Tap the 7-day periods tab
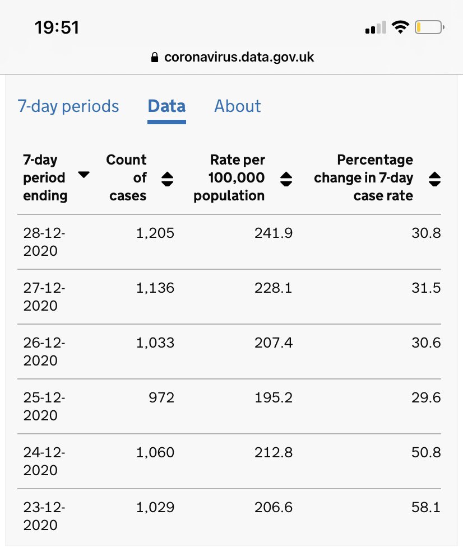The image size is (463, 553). coord(68,106)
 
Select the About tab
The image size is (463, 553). coord(237,106)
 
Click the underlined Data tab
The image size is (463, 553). coord(166,106)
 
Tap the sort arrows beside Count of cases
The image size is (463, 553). coord(167,179)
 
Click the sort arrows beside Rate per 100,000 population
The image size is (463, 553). coord(286,179)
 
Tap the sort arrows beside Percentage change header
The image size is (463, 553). coord(434,179)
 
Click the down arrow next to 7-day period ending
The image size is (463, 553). coord(84,175)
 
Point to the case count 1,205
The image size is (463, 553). coord(155,233)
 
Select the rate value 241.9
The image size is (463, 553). coord(273,233)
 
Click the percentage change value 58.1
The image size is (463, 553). coord(425,508)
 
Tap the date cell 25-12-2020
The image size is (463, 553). coord(44,406)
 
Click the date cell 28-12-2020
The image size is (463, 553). coord(44,242)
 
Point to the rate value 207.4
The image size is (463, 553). coord(273,343)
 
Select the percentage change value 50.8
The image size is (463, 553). coord(425,453)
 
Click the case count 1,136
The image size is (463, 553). coord(155,288)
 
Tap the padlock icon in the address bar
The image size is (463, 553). coord(155,58)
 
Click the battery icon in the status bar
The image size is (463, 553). coord(429,27)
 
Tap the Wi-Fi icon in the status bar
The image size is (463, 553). coord(400,27)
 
